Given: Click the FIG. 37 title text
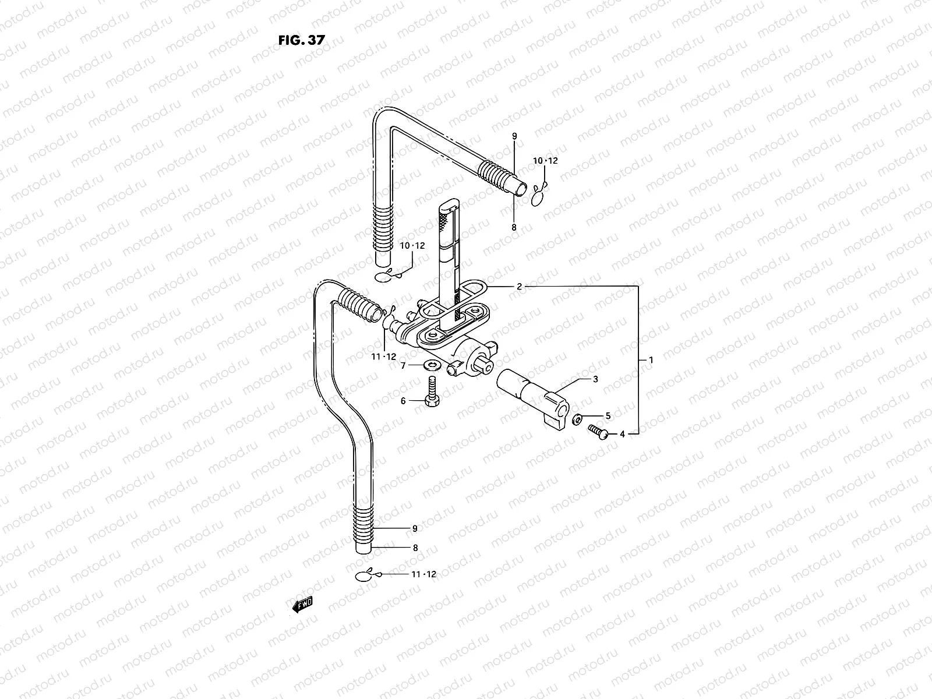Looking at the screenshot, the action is [x=302, y=40].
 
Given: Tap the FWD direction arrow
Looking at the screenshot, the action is [x=303, y=605].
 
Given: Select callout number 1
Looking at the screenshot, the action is [x=651, y=361].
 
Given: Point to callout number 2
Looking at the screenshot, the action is [x=519, y=287].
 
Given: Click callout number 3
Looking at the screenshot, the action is [x=595, y=379].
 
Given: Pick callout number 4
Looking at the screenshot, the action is [x=622, y=434].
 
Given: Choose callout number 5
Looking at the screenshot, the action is [x=608, y=416].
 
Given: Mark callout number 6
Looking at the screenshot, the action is [x=403, y=401].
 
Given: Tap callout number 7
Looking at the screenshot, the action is [x=403, y=365].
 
